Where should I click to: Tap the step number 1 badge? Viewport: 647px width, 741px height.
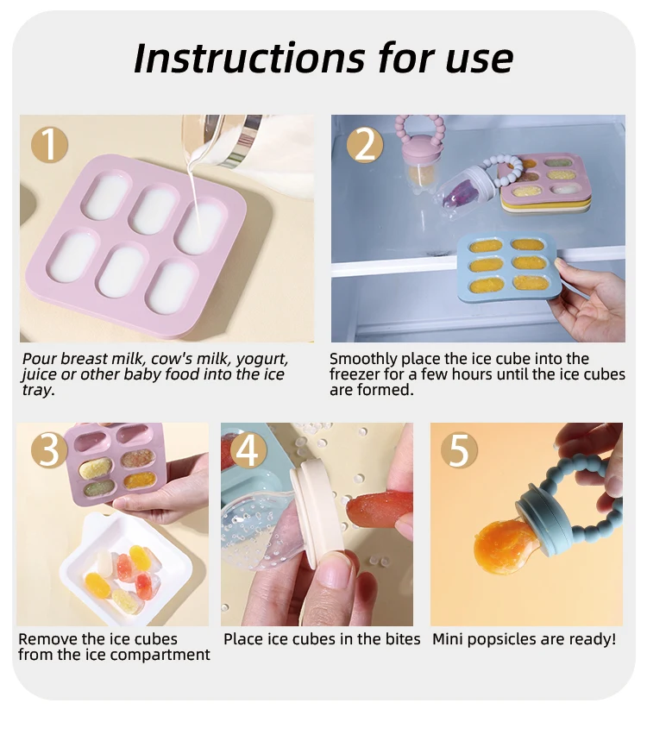[50, 145]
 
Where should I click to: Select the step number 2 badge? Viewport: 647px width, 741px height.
[365, 145]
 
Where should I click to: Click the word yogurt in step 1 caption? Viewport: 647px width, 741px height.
[259, 359]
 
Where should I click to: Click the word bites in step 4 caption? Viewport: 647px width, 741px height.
[402, 639]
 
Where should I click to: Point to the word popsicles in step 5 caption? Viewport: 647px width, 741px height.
[500, 639]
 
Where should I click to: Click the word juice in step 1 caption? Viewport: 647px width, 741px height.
[40, 374]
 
